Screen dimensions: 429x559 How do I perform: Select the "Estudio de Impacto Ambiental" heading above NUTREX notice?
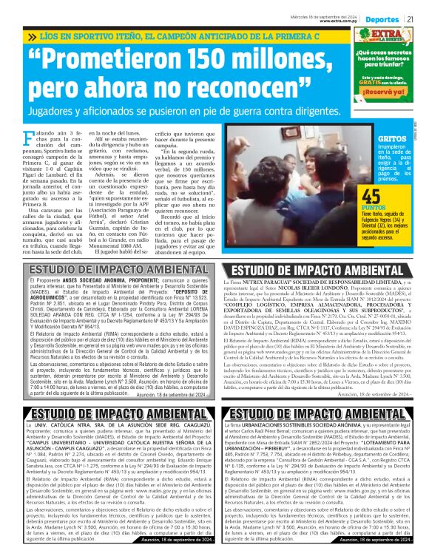pos(320,270)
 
